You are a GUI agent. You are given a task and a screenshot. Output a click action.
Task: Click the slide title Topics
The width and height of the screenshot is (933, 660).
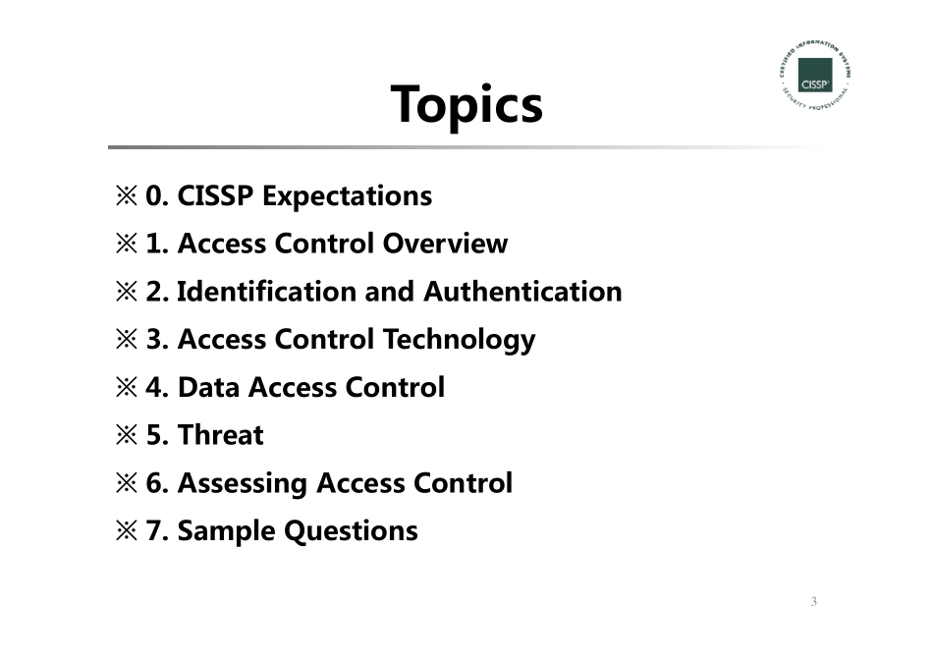(466, 104)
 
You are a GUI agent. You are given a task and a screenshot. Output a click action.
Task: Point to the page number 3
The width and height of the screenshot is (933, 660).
(813, 601)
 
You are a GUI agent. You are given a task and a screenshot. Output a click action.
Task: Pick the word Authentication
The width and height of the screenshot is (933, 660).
(522, 292)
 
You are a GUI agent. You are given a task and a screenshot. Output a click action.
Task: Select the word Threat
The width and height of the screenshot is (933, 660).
(220, 435)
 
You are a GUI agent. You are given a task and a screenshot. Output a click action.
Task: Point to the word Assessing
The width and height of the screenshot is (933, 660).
(242, 483)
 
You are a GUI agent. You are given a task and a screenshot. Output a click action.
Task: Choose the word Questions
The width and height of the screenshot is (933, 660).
(351, 531)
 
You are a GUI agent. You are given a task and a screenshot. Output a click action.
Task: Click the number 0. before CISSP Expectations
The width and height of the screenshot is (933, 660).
(157, 196)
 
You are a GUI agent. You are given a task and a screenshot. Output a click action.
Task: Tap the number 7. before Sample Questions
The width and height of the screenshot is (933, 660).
(157, 531)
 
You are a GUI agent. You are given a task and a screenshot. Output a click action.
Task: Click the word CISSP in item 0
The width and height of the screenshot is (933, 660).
(216, 196)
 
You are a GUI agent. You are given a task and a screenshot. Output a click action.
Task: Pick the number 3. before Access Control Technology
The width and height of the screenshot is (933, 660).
(157, 340)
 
